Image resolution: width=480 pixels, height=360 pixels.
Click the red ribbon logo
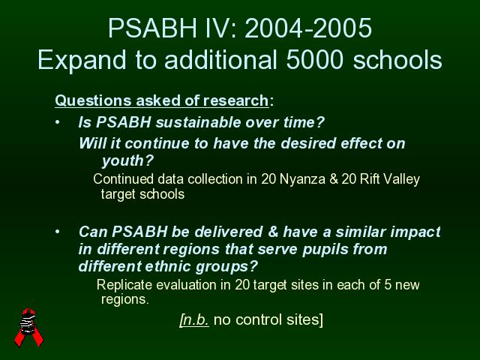[28, 327]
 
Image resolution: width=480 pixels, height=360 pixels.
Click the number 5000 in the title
[314, 59]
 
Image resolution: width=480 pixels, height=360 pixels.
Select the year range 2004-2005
[308, 28]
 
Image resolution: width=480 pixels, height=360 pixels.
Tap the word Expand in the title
[82, 61]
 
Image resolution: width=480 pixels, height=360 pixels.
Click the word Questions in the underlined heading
[93, 100]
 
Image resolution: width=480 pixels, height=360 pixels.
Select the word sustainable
[198, 122]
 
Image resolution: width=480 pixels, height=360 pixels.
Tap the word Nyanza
[302, 179]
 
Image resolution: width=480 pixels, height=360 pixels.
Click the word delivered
[229, 232]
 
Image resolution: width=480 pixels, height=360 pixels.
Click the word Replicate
[124, 285]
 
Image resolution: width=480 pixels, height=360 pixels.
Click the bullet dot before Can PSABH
[58, 232]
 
